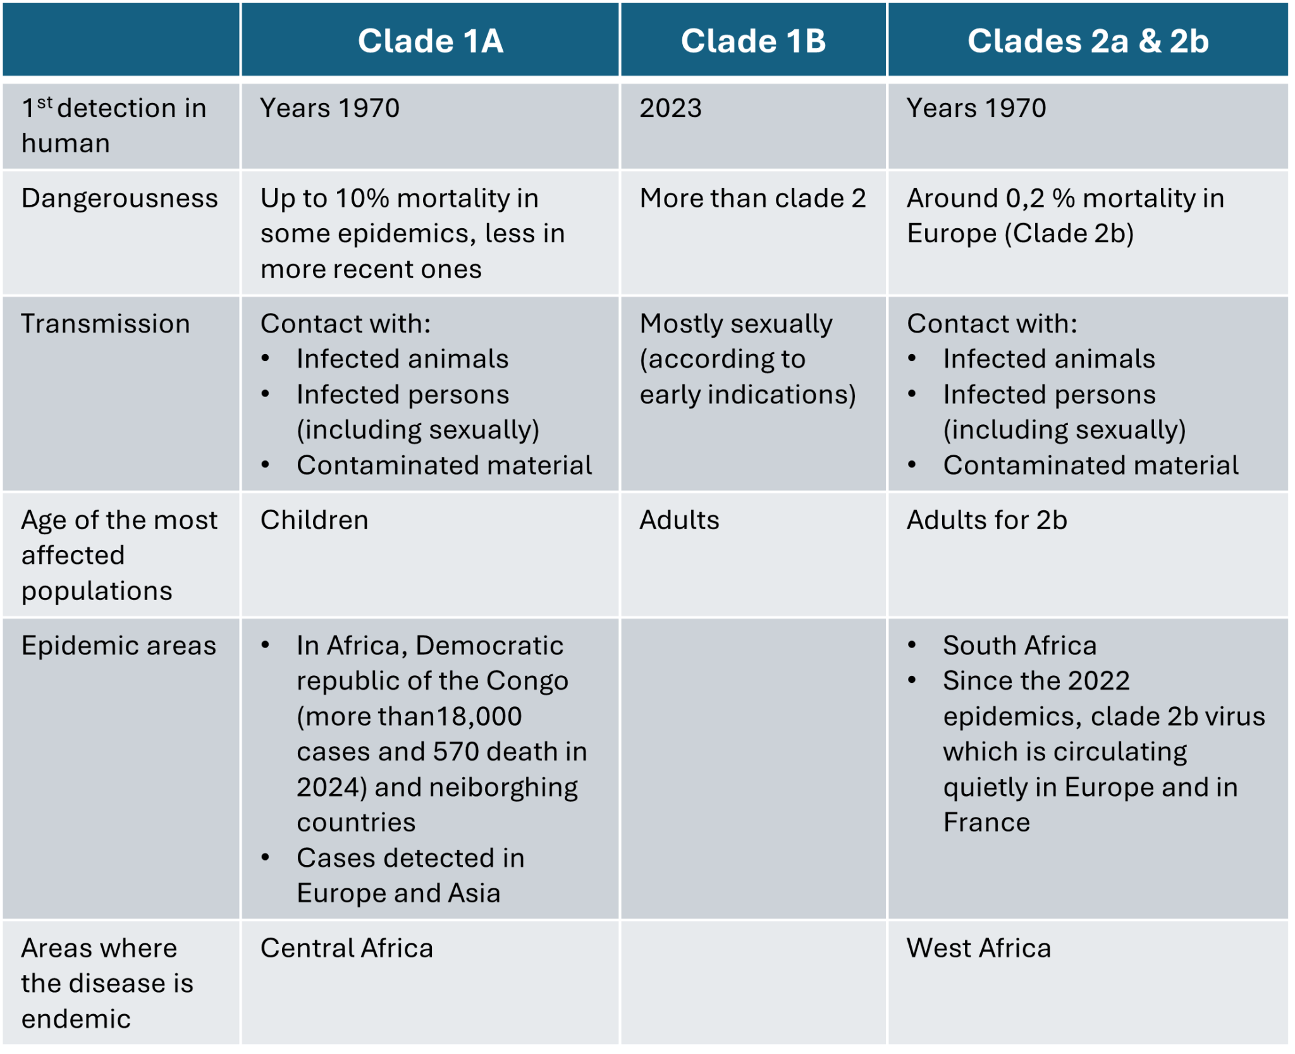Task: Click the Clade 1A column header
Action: pyautogui.click(x=430, y=41)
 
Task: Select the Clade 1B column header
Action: pyautogui.click(x=753, y=41)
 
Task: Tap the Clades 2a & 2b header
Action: pyautogui.click(x=1088, y=41)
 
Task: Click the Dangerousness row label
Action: pyautogui.click(x=120, y=199)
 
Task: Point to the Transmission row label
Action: pyautogui.click(x=106, y=324)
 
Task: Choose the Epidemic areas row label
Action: pyautogui.click(x=119, y=646)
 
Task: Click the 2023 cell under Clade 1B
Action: pyautogui.click(x=670, y=108)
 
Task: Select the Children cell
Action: pyautogui.click(x=314, y=520)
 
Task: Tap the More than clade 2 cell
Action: pyautogui.click(x=752, y=199)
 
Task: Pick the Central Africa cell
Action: pyautogui.click(x=347, y=948)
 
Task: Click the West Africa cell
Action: pyautogui.click(x=978, y=948)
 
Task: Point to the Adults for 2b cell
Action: pyautogui.click(x=986, y=520)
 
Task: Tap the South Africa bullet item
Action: pyautogui.click(x=1019, y=646)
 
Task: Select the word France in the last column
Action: pyautogui.click(x=986, y=822)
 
